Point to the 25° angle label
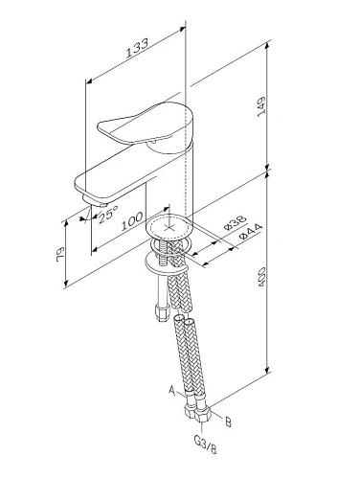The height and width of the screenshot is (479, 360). (x=109, y=214)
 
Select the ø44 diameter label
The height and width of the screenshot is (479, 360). (x=227, y=236)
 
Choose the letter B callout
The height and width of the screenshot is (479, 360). (x=227, y=420)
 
